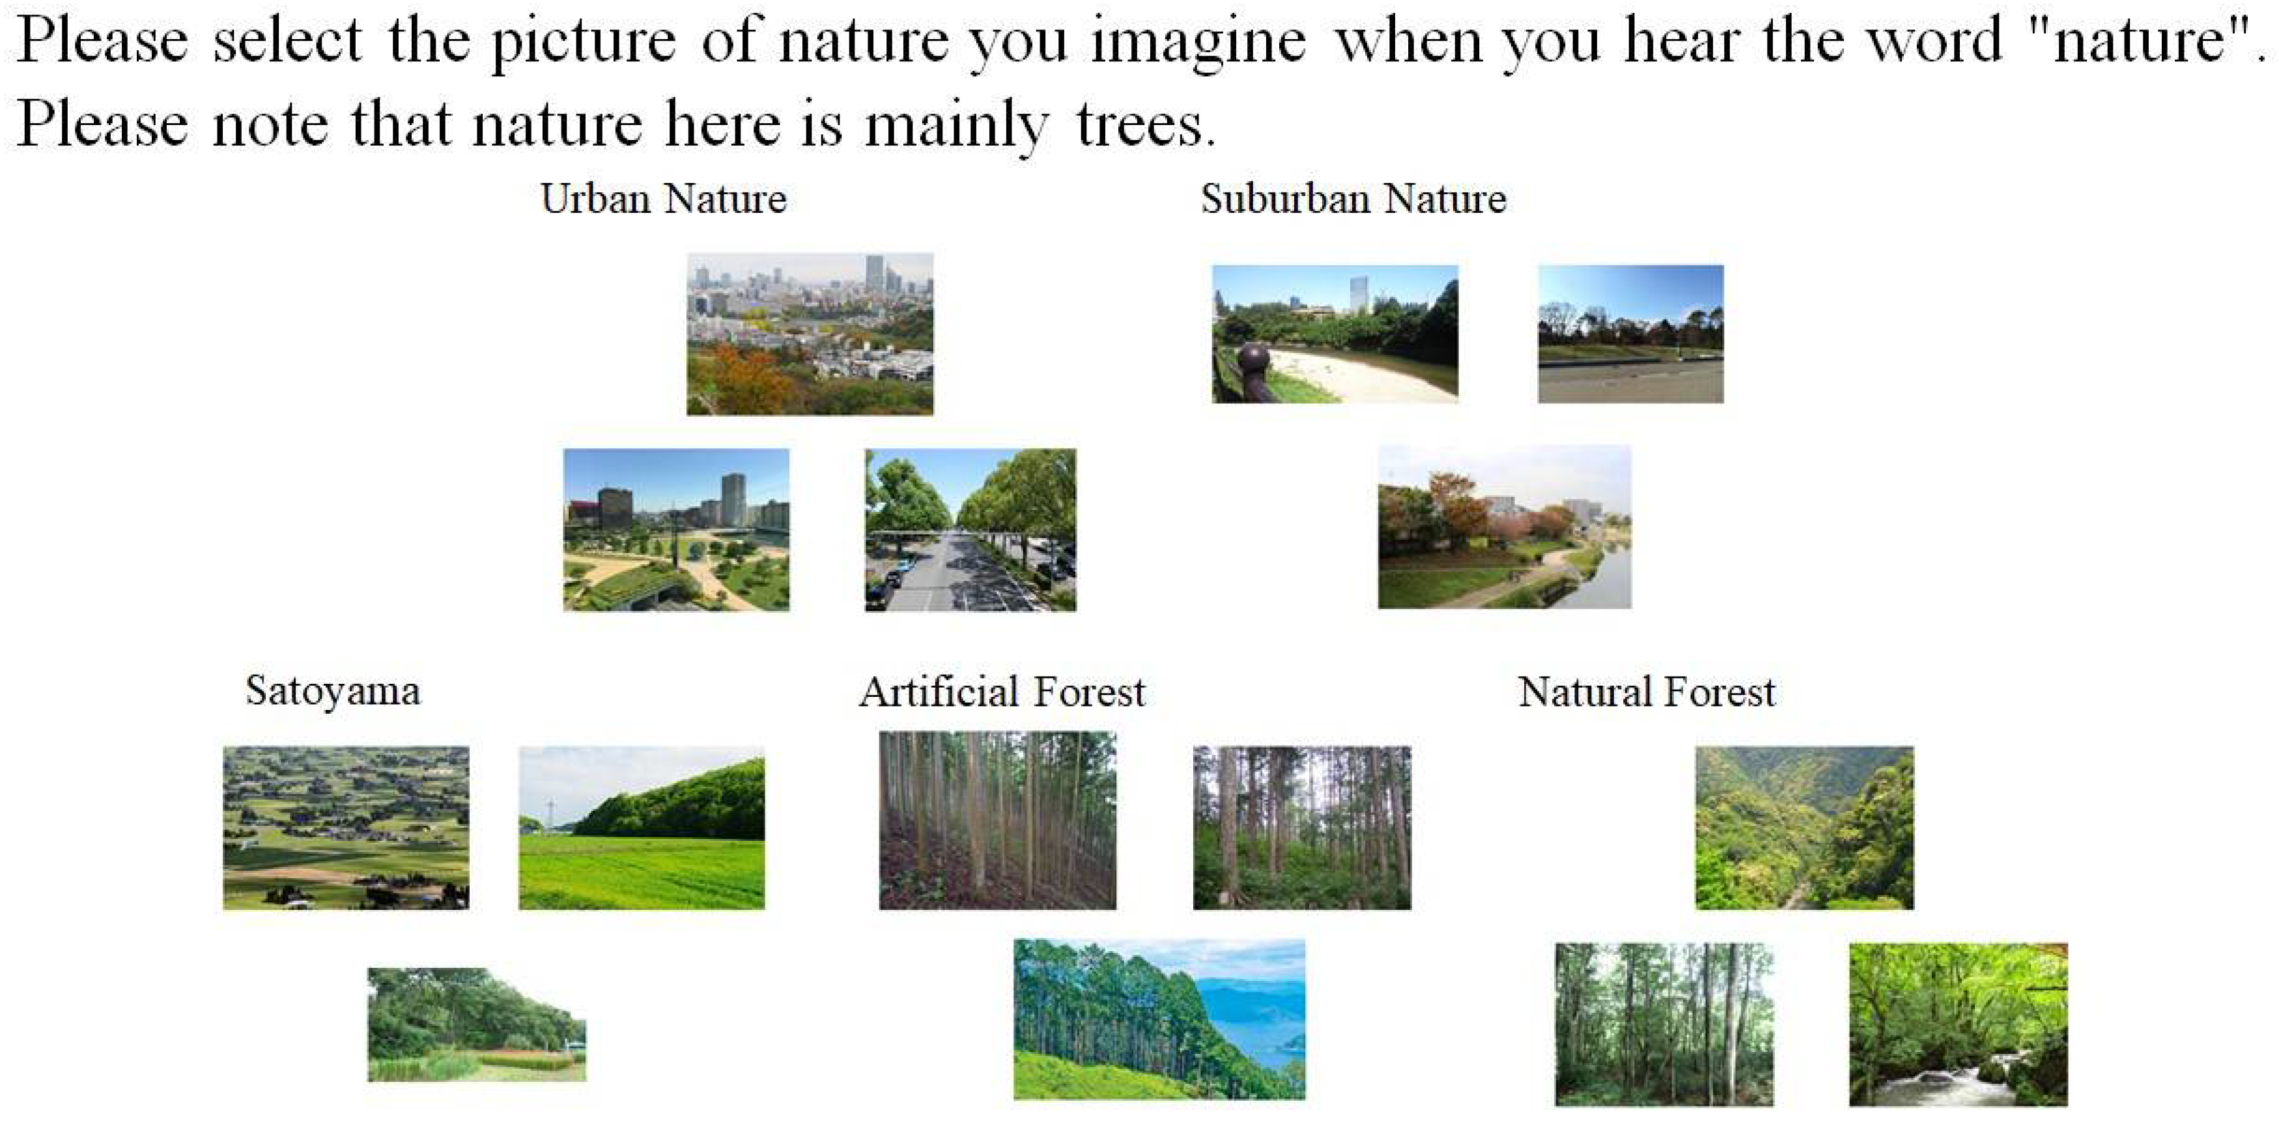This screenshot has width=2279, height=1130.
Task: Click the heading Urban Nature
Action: [664, 198]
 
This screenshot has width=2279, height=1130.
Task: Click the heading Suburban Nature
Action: [1353, 198]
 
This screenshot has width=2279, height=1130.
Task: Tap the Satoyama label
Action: [333, 690]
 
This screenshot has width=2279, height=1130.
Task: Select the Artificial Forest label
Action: [1002, 692]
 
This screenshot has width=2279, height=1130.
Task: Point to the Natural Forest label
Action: [1647, 692]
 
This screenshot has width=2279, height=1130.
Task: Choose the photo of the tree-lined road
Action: [970, 529]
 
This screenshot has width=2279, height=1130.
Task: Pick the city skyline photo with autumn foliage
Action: [810, 333]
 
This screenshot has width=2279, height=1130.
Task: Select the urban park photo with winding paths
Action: [676, 529]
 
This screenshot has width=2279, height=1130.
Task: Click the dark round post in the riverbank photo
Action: [1254, 360]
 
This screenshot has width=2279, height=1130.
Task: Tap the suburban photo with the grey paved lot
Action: [1630, 333]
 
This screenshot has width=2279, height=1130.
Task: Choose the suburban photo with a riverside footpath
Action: [1504, 526]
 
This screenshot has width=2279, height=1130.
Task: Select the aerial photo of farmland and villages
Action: [346, 827]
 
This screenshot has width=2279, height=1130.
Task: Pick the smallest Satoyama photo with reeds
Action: [476, 1024]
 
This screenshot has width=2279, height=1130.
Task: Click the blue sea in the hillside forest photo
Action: [1256, 1017]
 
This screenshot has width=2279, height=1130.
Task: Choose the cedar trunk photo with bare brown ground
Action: [997, 820]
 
